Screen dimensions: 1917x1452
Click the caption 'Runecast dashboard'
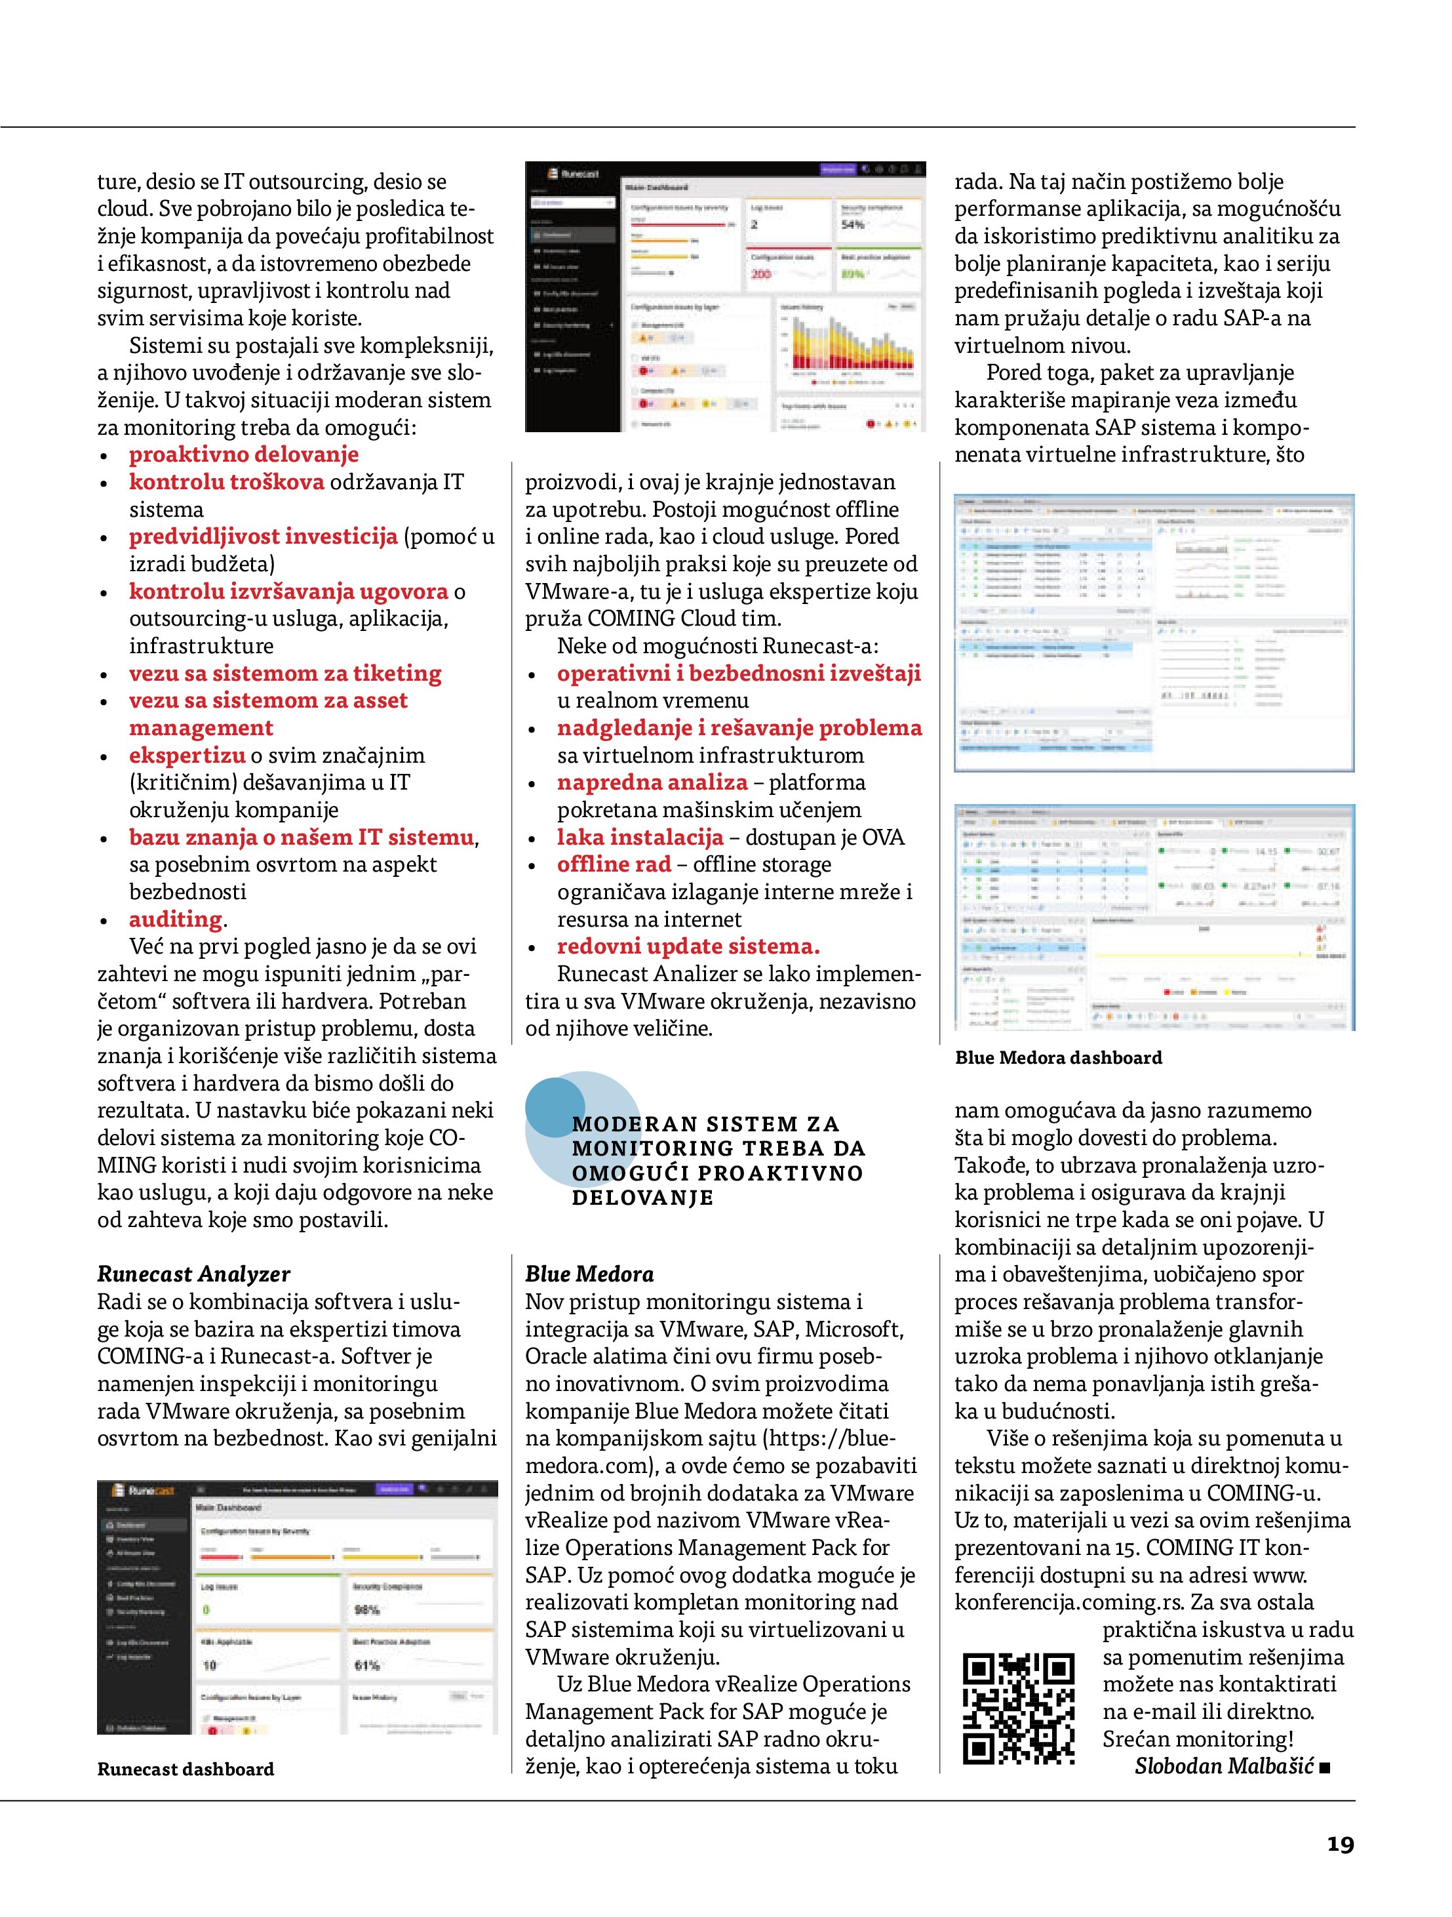186,1769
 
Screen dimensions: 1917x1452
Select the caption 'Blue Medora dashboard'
1059,1057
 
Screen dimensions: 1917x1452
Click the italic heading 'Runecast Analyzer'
193,1274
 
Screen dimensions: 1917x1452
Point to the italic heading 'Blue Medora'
589,1274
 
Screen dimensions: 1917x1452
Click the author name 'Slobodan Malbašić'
1224,1766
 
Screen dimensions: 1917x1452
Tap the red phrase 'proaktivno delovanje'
243,454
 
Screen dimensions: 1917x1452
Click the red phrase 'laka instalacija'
639,837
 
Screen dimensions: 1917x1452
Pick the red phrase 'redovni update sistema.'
688,946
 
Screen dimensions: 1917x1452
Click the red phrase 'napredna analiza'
652,782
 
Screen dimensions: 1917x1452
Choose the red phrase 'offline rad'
614,864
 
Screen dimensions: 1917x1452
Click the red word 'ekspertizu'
187,755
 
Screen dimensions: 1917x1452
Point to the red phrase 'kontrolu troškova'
226,482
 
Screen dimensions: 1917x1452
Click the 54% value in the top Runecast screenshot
852,224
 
